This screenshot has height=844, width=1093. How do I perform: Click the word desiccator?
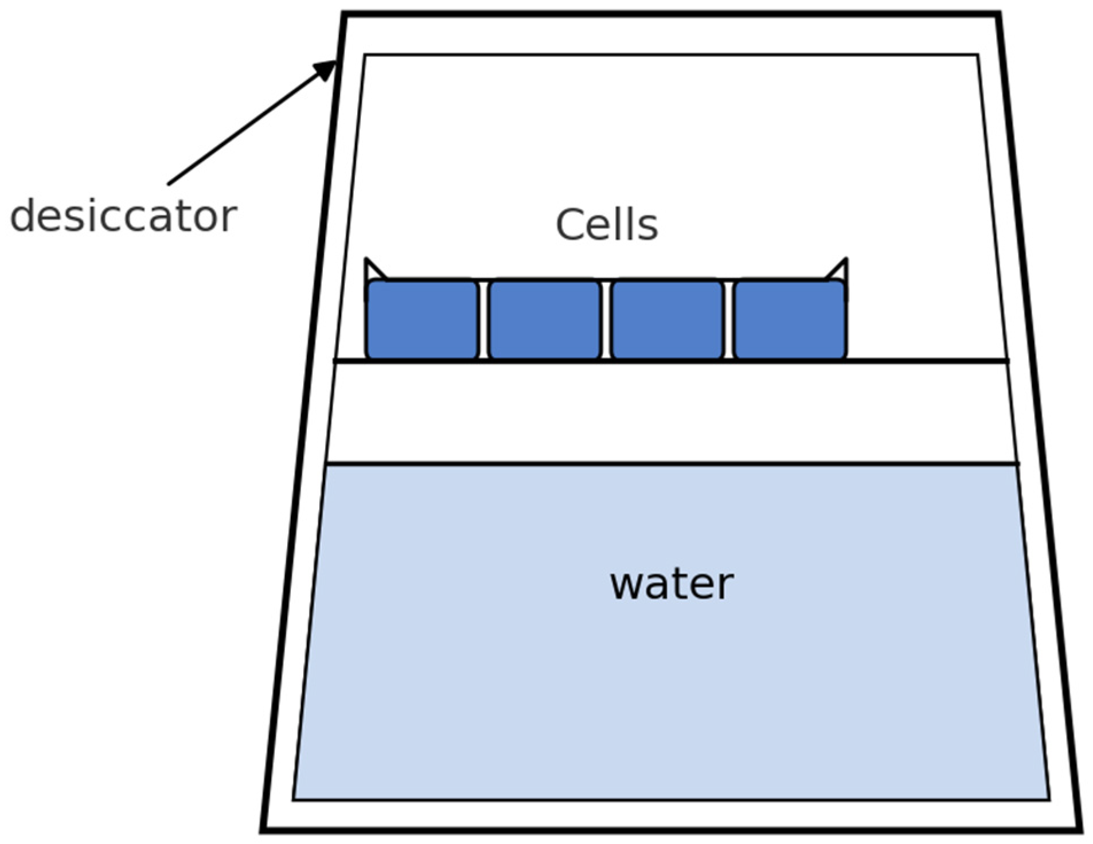point(123,216)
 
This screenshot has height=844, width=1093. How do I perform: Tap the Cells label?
point(606,224)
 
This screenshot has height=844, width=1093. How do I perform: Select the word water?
point(671,585)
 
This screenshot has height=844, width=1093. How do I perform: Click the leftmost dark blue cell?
point(422,319)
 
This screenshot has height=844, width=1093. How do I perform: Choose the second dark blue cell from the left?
point(545,319)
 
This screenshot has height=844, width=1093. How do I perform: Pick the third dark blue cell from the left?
point(667,319)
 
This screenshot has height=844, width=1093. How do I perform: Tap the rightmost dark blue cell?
point(790,319)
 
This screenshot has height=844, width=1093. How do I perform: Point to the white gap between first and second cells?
point(483,320)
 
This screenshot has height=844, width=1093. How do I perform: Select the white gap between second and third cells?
point(606,320)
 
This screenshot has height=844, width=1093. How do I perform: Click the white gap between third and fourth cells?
point(729,320)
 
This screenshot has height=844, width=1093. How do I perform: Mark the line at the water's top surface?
point(671,463)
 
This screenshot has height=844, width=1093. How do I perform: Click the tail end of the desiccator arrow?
point(170,183)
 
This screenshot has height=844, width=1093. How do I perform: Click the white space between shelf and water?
point(671,412)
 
